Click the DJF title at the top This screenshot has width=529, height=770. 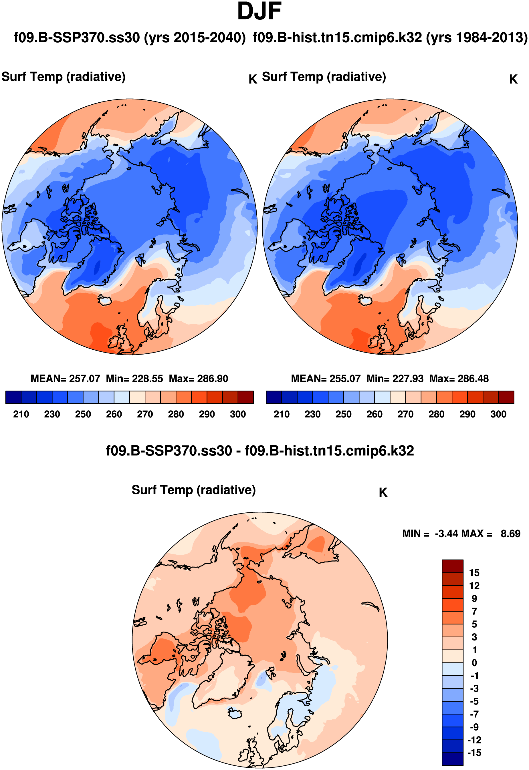pos(259,11)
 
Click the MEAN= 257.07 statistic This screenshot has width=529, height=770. pos(65,379)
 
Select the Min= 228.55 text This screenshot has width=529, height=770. pos(134,379)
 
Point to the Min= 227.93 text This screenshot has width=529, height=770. pos(395,379)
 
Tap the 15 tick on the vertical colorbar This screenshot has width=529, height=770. pos(474,573)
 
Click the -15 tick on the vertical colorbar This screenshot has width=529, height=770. pos(474,753)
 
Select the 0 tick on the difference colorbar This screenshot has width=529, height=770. pos(474,663)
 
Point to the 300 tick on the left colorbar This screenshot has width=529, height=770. pos(238,415)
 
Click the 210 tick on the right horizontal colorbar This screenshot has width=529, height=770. pos(282,415)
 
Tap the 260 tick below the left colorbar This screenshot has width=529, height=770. pos(114,415)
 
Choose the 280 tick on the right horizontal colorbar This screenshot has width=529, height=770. pos(436,415)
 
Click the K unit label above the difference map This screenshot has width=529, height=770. pos(383,493)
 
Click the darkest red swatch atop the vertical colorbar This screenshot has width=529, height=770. pos(452,566)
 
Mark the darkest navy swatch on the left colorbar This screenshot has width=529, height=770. pos(13,397)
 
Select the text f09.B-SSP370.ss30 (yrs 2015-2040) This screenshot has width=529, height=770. pos(130,37)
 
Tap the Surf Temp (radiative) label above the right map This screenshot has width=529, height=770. pos(324,77)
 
